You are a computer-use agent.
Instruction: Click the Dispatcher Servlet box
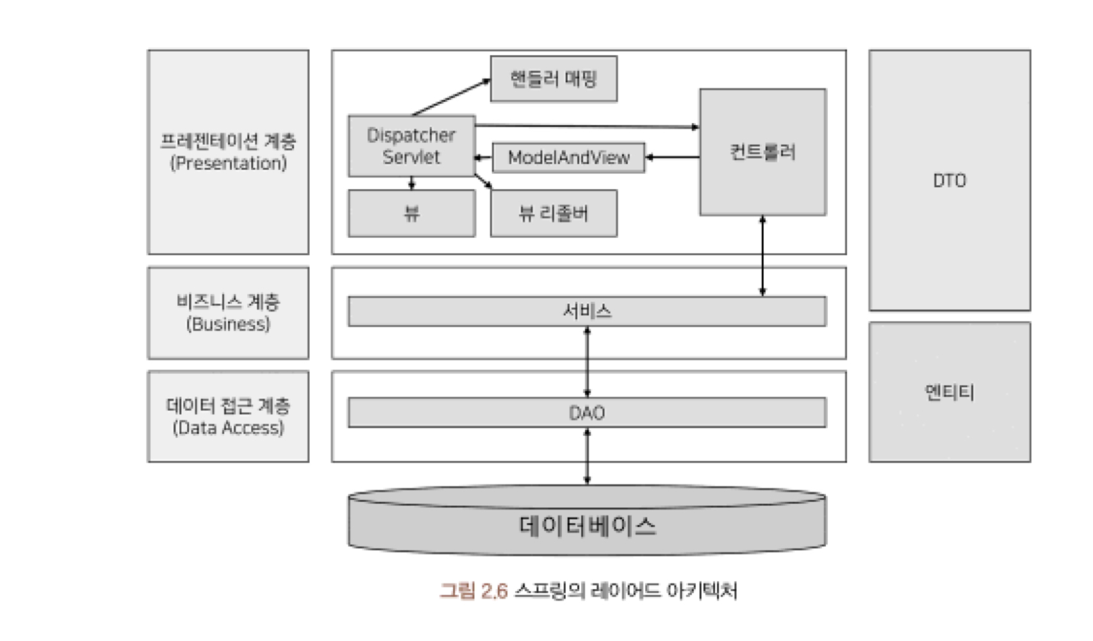[411, 146]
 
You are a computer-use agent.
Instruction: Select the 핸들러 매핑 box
[554, 79]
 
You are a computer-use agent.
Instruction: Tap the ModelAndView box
[568, 158]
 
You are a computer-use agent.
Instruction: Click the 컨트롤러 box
[762, 153]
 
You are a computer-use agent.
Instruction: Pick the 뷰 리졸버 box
[554, 213]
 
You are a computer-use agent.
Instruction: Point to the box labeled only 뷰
[411, 213]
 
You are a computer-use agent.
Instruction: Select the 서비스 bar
[587, 312]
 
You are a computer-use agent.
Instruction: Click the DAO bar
[587, 413]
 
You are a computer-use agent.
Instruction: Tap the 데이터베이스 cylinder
[587, 526]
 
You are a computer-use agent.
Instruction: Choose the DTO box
[949, 181]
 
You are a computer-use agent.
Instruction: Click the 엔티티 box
[949, 392]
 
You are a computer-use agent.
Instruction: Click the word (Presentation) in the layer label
[228, 163]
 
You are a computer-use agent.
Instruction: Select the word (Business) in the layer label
[228, 324]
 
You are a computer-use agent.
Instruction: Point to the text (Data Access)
[228, 428]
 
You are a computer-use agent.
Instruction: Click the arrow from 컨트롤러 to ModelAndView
[673, 157]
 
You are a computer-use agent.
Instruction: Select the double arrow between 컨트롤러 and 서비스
[762, 256]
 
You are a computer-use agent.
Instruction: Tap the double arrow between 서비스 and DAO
[587, 362]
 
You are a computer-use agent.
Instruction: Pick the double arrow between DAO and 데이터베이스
[587, 456]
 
